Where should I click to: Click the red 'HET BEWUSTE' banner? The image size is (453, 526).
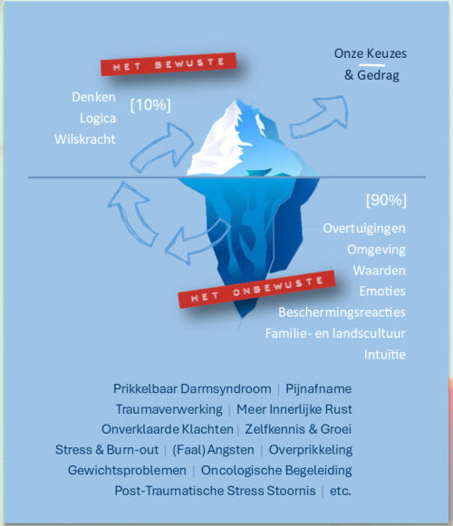click(x=169, y=63)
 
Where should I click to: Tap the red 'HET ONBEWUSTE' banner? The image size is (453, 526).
click(x=257, y=289)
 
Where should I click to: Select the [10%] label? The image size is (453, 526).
click(x=150, y=105)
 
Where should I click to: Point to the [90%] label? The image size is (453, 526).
click(x=386, y=200)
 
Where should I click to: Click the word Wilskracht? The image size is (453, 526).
click(x=85, y=139)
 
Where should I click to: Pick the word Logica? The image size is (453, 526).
click(x=98, y=119)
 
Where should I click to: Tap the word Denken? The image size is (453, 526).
click(x=93, y=97)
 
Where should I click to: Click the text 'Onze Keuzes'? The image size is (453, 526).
click(x=371, y=53)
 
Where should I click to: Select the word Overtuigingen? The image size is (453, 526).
click(x=364, y=229)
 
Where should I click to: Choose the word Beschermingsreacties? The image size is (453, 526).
click(x=342, y=312)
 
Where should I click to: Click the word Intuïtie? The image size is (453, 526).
click(x=385, y=355)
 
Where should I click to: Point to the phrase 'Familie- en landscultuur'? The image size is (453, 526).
click(x=335, y=333)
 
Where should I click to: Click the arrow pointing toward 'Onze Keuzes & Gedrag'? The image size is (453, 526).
click(x=320, y=117)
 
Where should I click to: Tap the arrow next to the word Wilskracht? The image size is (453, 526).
click(x=162, y=148)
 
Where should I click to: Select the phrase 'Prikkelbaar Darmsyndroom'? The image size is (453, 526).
click(x=192, y=388)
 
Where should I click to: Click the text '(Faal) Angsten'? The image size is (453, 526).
click(x=213, y=450)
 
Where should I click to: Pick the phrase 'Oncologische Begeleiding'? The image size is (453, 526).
click(x=276, y=470)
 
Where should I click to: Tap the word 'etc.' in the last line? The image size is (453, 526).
click(x=341, y=491)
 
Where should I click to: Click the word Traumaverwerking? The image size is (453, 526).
click(x=169, y=409)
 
